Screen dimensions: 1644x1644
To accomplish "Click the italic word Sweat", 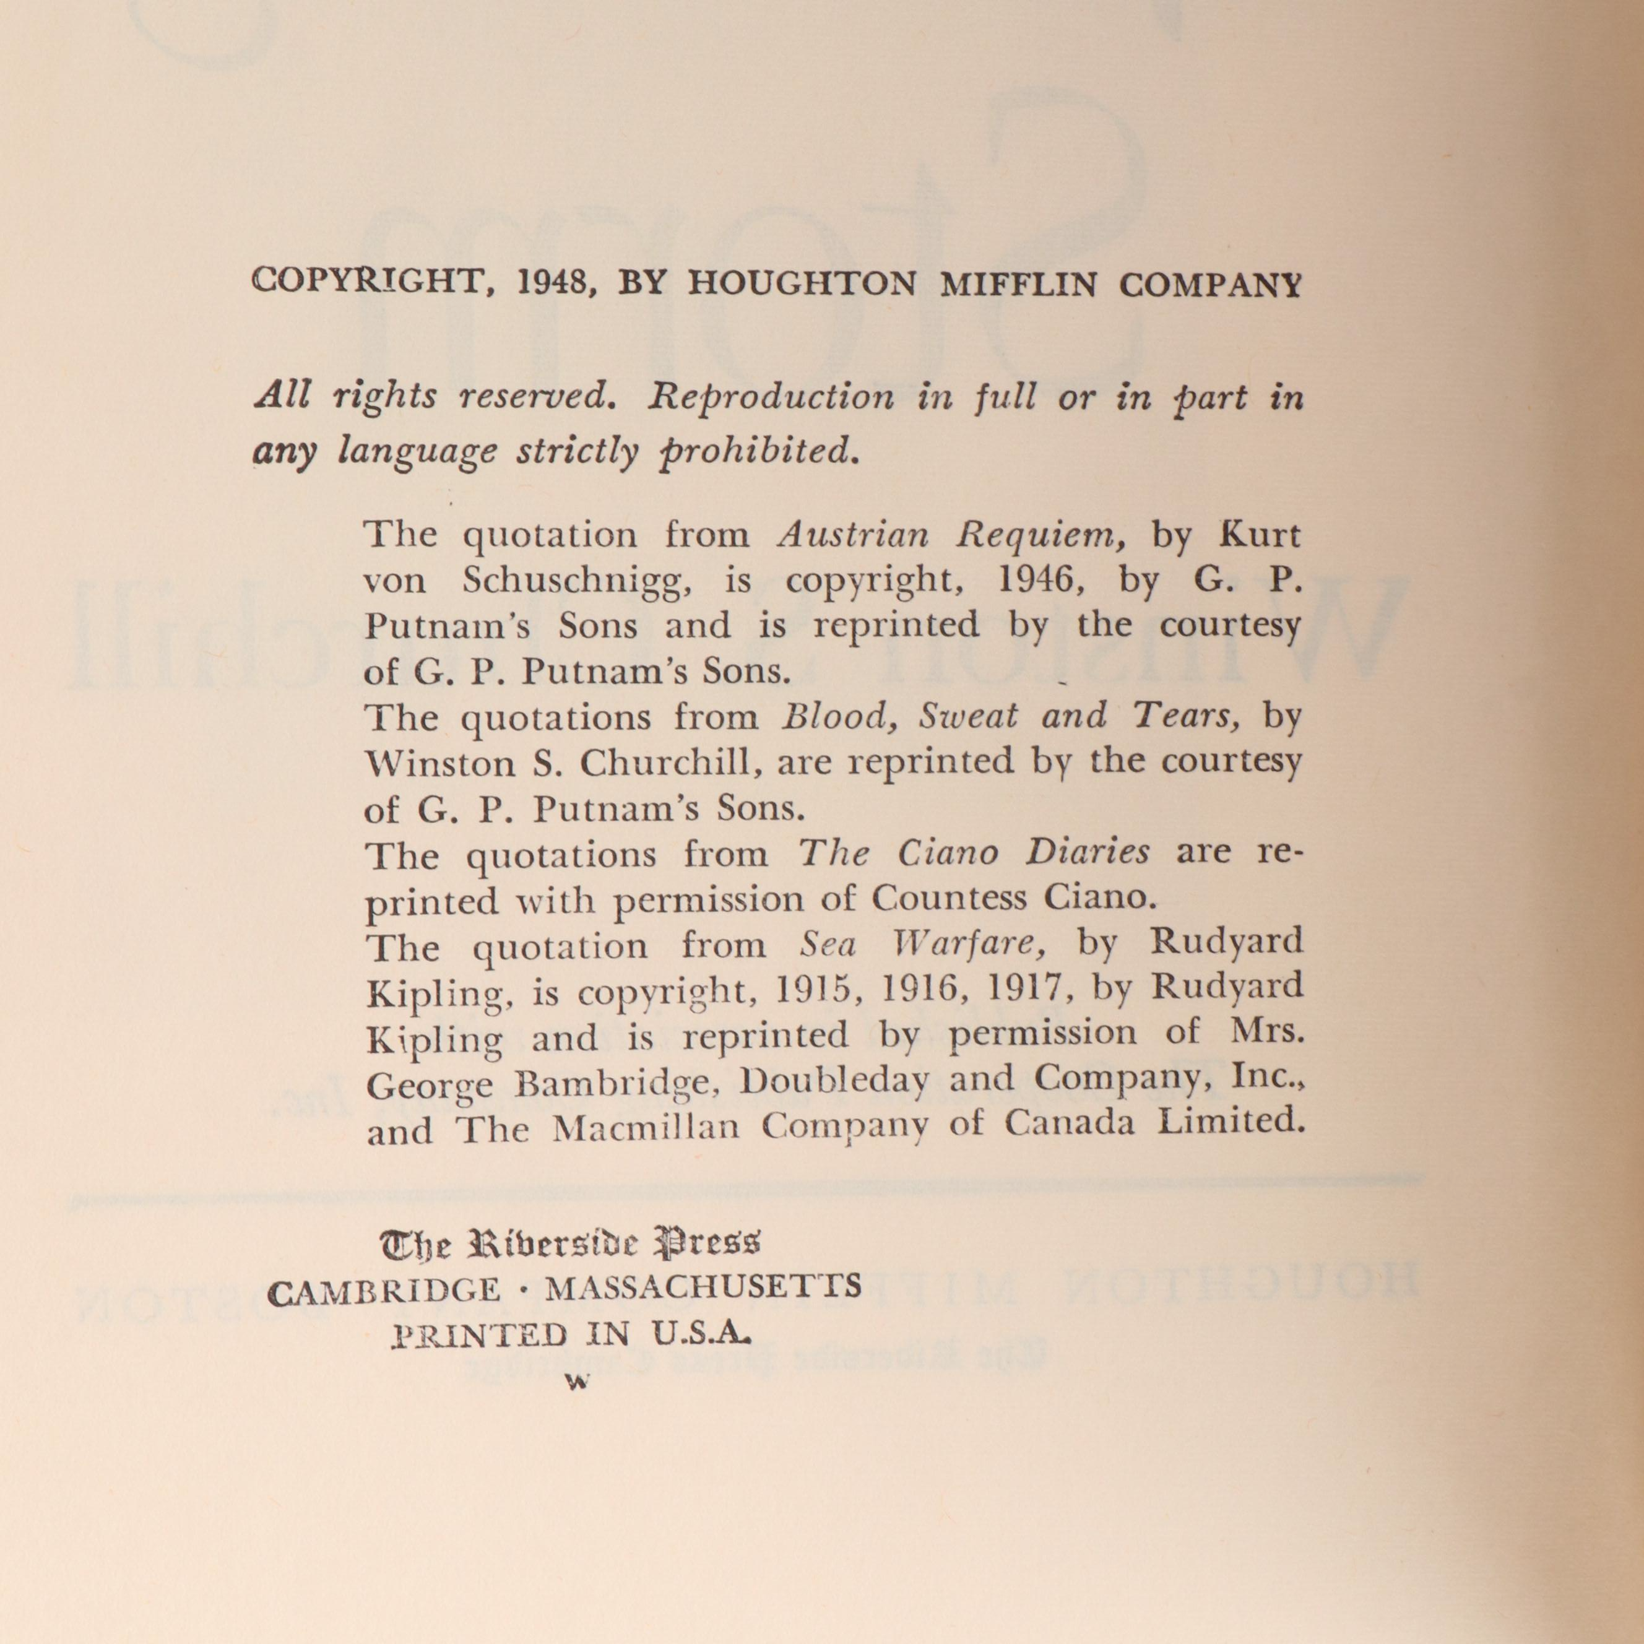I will coord(967,717).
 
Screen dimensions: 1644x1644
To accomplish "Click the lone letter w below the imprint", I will coord(577,1382).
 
